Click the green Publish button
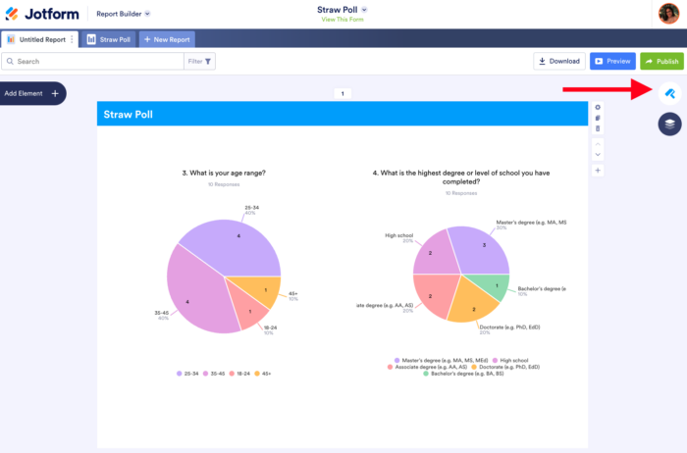pyautogui.click(x=661, y=61)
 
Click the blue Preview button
pyautogui.click(x=612, y=61)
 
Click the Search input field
pyautogui.click(x=93, y=61)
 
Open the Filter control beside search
pyautogui.click(x=200, y=61)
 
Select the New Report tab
pyautogui.click(x=167, y=39)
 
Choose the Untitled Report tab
pyautogui.click(x=40, y=39)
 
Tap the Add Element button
pyautogui.click(x=32, y=93)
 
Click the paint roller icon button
pyautogui.click(x=669, y=93)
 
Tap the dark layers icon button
pyautogui.click(x=669, y=125)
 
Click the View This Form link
pyautogui.click(x=343, y=20)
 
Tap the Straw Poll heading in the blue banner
pyautogui.click(x=129, y=115)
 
